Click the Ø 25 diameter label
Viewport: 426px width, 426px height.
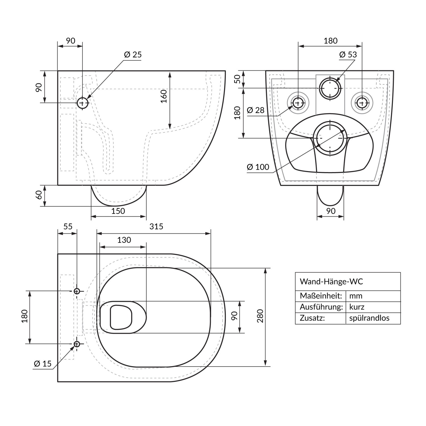click(133, 55)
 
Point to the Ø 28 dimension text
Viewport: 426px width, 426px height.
click(256, 110)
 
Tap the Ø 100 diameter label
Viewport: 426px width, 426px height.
click(258, 167)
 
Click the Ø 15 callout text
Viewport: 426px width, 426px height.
click(43, 364)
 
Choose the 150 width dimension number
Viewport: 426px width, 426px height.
click(118, 211)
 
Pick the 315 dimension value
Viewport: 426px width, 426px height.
click(156, 226)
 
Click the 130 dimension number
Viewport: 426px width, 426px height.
click(124, 240)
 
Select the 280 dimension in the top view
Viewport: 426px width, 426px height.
click(260, 316)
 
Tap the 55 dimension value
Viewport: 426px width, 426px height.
click(68, 226)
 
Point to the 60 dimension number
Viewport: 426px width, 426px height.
click(39, 195)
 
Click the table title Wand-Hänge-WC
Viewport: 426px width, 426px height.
click(331, 281)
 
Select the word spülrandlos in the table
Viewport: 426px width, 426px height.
click(369, 318)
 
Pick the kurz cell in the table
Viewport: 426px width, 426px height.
click(357, 307)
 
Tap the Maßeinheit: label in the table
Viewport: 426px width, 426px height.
click(321, 296)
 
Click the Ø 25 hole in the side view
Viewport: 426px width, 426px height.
click(83, 103)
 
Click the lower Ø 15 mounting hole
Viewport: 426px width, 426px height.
click(77, 344)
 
